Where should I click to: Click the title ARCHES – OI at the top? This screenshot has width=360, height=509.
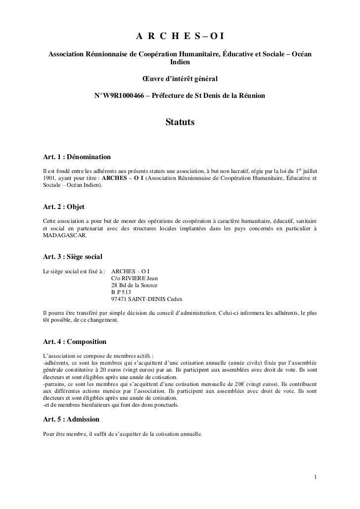pos(180,36)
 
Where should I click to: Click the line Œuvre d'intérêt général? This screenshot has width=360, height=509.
pos(180,79)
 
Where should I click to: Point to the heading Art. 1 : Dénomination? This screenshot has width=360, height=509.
pos(77,157)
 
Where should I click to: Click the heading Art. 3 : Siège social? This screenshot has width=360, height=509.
pos(73,257)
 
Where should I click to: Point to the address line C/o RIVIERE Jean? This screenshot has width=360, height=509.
pos(136,278)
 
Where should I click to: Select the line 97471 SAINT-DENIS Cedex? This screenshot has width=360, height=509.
pos(147,299)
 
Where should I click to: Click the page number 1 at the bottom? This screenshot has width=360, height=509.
pos(315,477)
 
